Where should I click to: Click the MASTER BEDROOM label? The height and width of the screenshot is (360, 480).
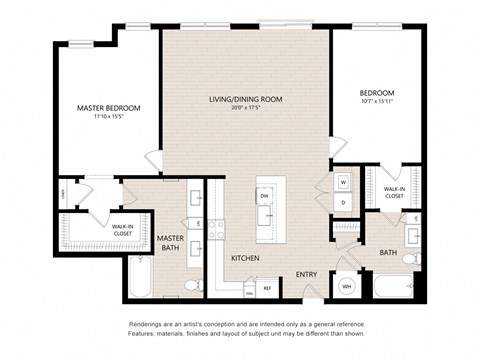coord(108,107)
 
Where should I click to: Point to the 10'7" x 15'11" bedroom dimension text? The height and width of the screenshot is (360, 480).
coord(377,101)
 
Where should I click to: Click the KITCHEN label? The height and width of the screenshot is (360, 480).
coord(246,258)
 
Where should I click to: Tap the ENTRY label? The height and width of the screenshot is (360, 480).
coord(306,274)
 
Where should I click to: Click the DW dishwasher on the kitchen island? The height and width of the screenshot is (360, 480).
coord(265,196)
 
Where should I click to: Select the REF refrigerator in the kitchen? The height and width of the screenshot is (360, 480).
coord(267,287)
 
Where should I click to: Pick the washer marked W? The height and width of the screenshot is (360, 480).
coord(342,182)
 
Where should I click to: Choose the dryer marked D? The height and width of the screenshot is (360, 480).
coord(342,202)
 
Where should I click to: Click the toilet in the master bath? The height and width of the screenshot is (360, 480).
coord(194,286)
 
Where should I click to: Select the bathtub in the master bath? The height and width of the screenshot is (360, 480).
coord(139,279)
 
